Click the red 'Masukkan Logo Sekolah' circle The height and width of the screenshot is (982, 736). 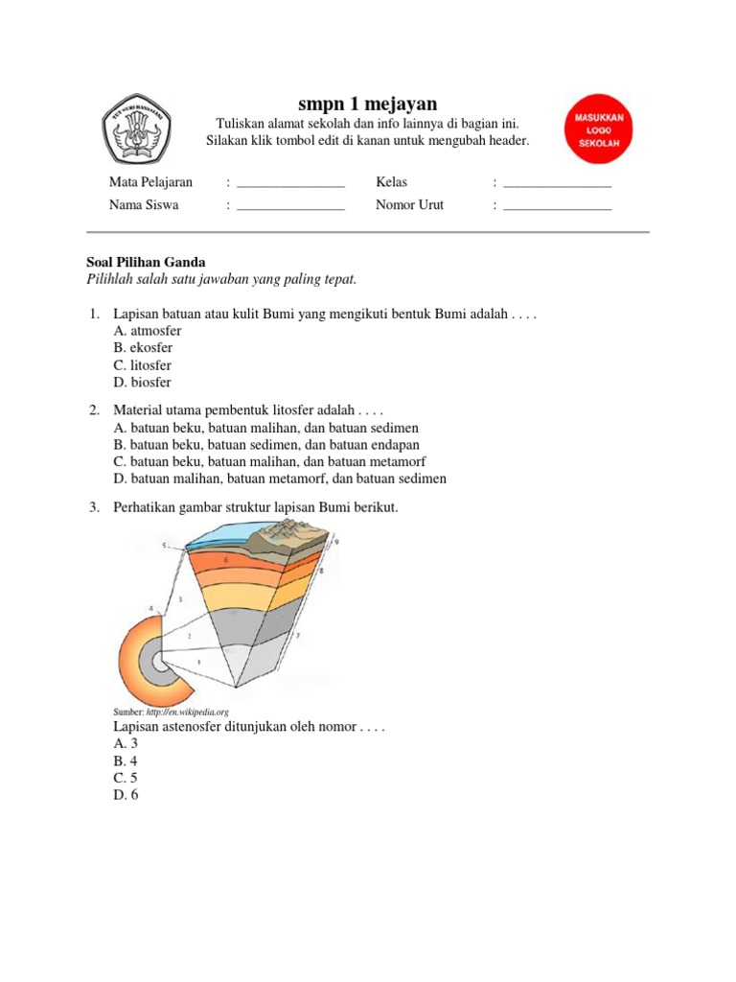point(599,129)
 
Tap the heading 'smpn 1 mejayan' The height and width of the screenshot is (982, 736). point(368,104)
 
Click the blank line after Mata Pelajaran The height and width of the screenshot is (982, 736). point(290,182)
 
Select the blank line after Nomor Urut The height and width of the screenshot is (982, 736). point(557,205)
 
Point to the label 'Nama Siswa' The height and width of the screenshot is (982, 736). point(144,205)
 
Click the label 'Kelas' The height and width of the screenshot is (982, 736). point(392,182)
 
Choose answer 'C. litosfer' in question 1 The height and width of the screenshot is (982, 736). point(142,365)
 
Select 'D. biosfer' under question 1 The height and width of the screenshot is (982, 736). point(142,383)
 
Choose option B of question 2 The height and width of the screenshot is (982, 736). point(265,445)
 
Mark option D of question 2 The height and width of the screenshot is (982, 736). point(279,479)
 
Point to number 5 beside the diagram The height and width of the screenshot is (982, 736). point(164,546)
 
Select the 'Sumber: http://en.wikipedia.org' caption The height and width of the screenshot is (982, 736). point(172,713)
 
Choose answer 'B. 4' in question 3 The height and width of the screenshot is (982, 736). point(126,760)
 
